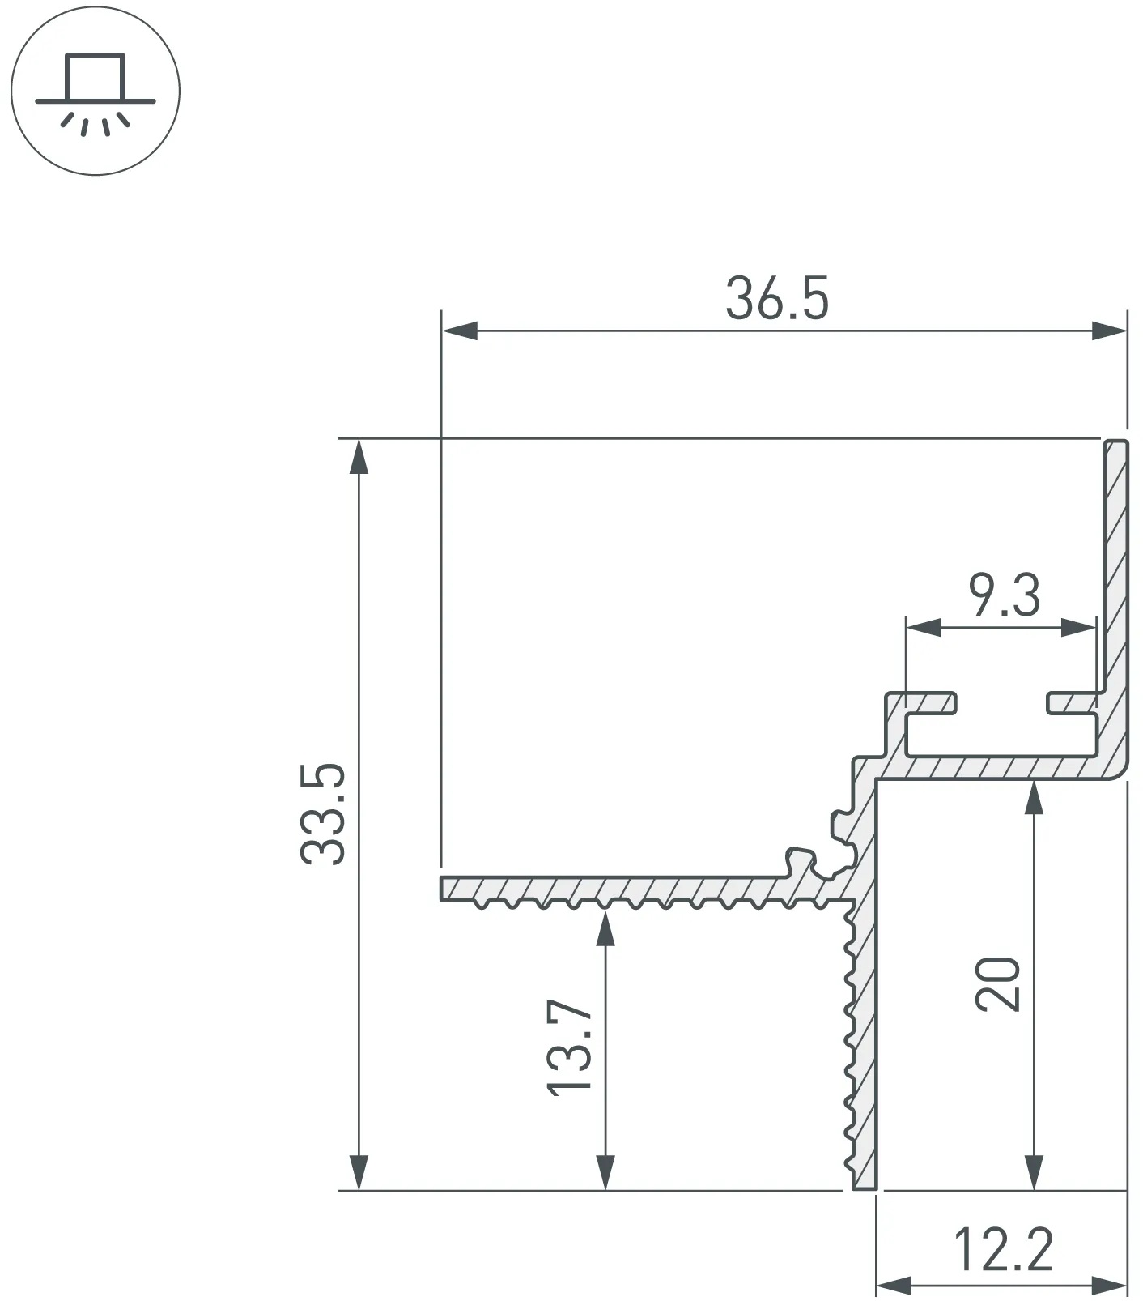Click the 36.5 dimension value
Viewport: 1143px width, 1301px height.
coord(777,298)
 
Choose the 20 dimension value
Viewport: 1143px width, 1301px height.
coord(998,983)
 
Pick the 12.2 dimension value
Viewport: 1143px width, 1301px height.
coord(1004,1249)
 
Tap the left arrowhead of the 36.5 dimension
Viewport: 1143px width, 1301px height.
coord(459,331)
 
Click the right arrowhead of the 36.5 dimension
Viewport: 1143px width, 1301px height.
coord(1109,331)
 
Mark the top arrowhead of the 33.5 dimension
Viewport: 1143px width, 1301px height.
coord(359,457)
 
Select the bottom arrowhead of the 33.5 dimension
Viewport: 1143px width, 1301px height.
coord(359,1172)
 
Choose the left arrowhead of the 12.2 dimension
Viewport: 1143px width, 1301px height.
coord(894,1285)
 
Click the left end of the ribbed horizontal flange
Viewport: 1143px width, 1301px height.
coord(442,888)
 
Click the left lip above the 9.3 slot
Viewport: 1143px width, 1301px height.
coord(923,702)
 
